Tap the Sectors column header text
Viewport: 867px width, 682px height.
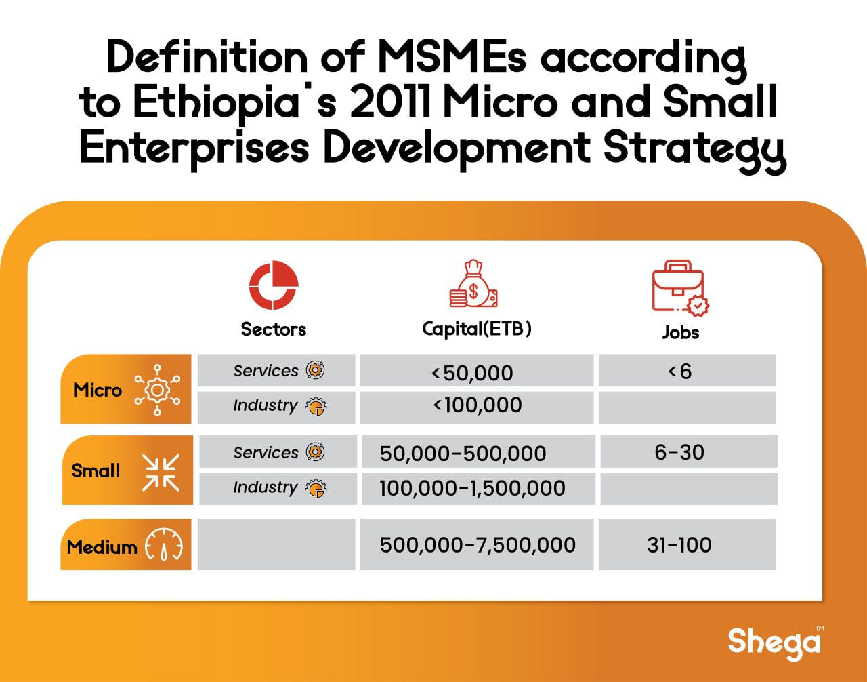click(273, 329)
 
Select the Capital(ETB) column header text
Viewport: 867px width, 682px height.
click(477, 329)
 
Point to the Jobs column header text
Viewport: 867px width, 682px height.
click(681, 332)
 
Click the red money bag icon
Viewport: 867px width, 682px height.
click(473, 283)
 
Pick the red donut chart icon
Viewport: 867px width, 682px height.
click(274, 285)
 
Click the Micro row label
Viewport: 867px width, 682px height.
click(98, 390)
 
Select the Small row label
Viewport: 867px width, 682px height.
click(96, 470)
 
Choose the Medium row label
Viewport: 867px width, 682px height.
click(102, 547)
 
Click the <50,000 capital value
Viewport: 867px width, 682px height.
click(472, 373)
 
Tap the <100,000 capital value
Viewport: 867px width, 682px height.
click(478, 405)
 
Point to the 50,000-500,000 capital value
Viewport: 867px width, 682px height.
click(463, 454)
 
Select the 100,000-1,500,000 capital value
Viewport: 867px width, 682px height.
click(472, 488)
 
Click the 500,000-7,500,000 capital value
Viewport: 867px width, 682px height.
click(478, 544)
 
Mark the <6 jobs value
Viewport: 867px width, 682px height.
click(680, 372)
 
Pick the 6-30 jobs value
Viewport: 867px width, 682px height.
click(679, 452)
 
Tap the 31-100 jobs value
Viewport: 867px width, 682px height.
click(679, 544)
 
